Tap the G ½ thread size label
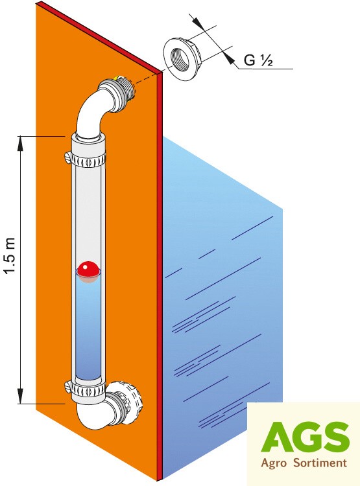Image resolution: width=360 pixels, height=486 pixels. click(258, 60)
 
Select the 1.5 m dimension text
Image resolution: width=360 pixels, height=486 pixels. click(10, 255)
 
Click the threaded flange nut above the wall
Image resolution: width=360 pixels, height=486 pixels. click(184, 59)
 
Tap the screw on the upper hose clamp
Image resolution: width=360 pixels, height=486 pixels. click(68, 155)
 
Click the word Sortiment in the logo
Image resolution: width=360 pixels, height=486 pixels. click(320, 463)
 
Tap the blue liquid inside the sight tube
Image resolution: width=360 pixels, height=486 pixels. click(88, 329)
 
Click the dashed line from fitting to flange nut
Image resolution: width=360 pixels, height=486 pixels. click(149, 76)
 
